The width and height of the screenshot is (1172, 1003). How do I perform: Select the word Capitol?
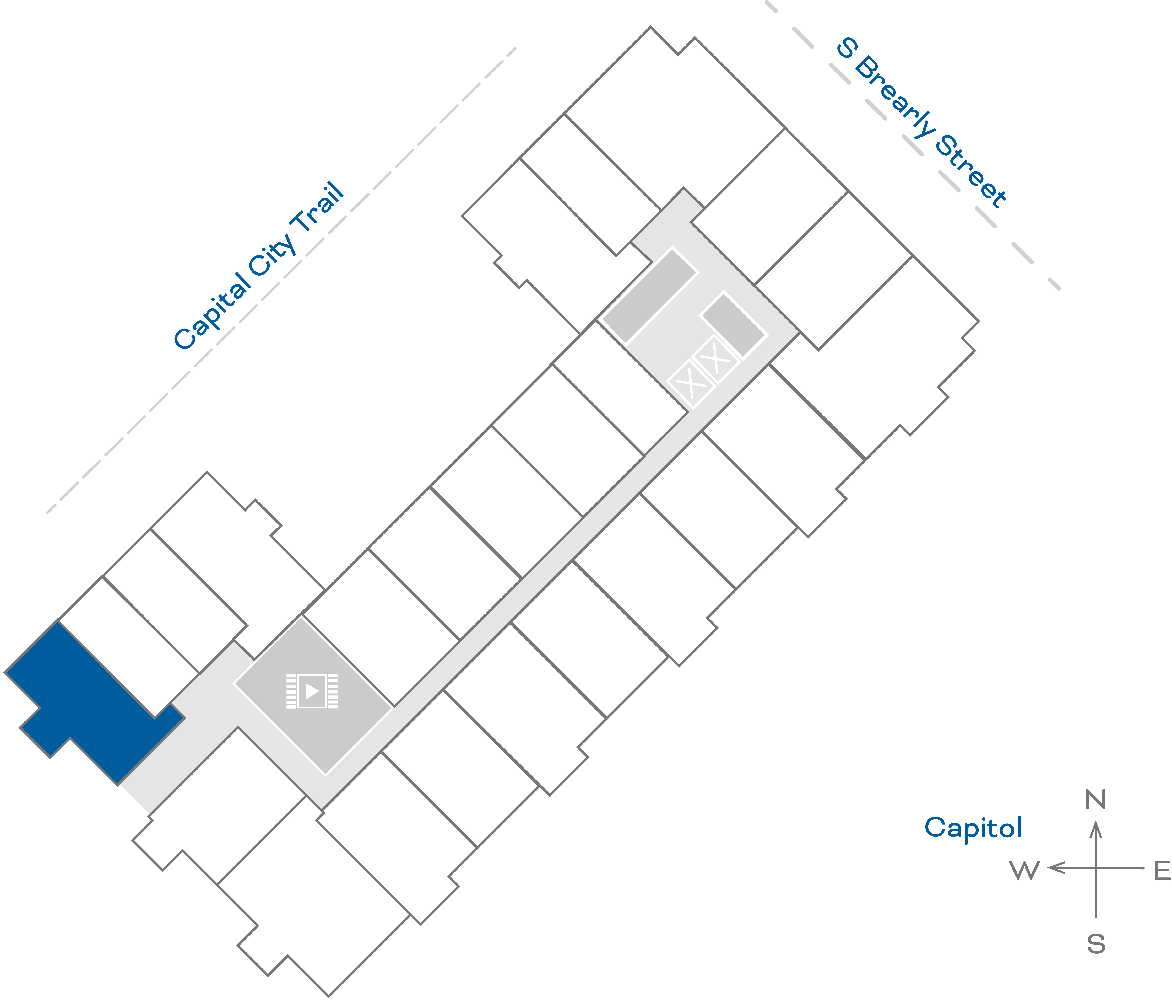973,827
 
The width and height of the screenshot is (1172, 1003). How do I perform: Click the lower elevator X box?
691,383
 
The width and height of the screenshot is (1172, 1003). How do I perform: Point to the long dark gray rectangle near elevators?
649,296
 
